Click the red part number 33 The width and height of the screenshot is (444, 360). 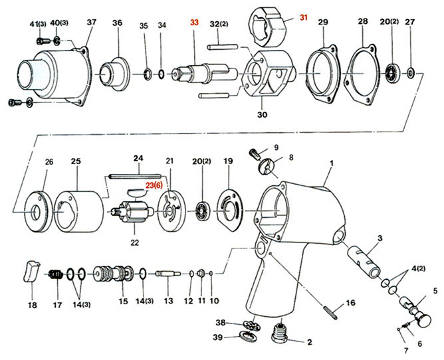[195, 23]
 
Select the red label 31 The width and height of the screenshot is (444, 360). [303, 17]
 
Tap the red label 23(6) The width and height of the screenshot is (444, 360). [154, 186]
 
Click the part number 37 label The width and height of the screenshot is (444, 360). [92, 22]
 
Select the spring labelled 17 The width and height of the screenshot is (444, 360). [56, 273]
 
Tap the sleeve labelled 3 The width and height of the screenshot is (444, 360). [365, 260]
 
